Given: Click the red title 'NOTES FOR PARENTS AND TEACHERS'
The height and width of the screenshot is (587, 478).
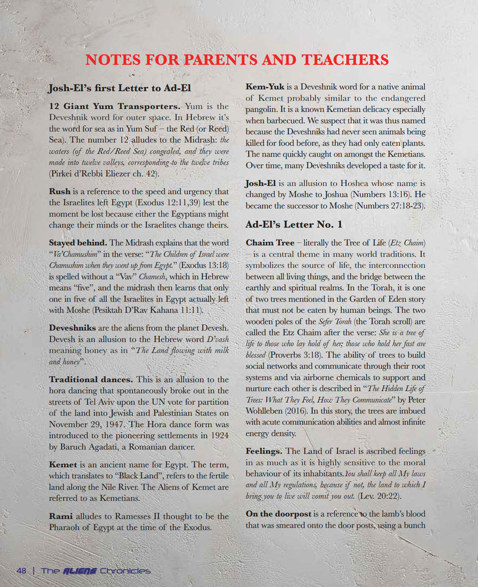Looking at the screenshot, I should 237,60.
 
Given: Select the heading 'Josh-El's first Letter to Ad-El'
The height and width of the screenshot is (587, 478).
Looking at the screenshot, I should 119,88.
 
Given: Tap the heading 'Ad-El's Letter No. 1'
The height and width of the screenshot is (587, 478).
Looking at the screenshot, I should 294,224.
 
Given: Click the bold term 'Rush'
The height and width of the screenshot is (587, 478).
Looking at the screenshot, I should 60,191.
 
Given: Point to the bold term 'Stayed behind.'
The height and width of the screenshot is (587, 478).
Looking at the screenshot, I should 78,242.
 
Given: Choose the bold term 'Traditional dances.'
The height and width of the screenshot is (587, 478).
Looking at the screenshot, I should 91,379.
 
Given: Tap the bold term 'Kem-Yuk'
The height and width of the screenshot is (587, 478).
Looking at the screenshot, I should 265,87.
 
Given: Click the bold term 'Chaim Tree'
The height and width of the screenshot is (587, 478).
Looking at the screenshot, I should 270,243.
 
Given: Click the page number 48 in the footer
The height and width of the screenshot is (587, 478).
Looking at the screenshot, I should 22,571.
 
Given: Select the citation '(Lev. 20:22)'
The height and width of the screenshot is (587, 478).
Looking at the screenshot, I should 380,496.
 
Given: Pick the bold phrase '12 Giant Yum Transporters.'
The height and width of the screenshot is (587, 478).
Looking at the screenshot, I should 115,106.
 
